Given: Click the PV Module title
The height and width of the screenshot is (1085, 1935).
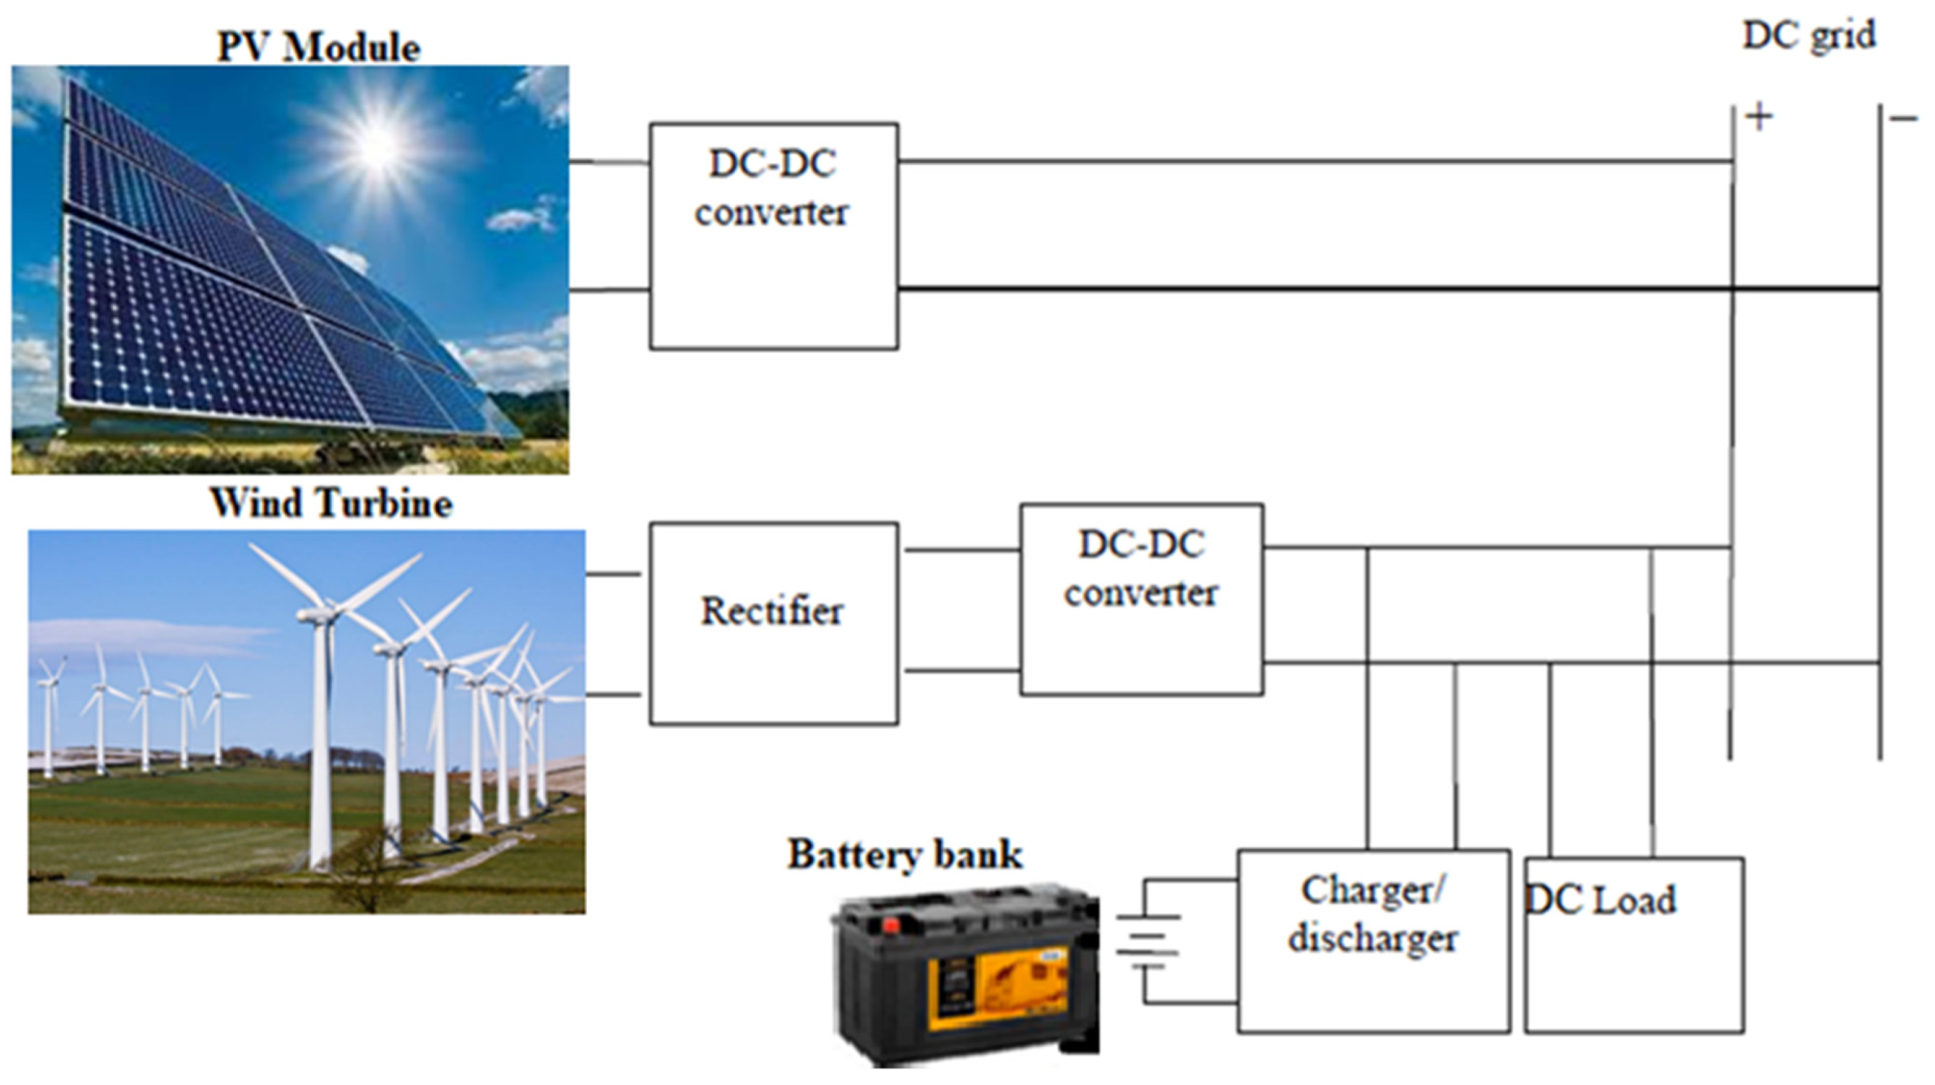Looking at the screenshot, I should tap(318, 48).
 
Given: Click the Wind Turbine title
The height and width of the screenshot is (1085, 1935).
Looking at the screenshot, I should tap(331, 502).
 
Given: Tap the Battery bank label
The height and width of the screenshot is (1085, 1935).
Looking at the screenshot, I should tap(905, 854).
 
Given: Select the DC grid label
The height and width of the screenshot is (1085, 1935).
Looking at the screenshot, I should tap(1809, 35).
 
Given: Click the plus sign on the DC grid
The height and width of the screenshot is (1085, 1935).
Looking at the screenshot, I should tap(1759, 117).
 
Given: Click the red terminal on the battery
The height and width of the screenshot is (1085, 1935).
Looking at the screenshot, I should tap(891, 924).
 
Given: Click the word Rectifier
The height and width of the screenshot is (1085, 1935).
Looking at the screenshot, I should tap(771, 612).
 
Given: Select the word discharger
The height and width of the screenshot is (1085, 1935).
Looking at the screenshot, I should tap(1373, 939).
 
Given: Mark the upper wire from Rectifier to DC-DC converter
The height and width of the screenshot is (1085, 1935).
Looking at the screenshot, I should tap(961, 550).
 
